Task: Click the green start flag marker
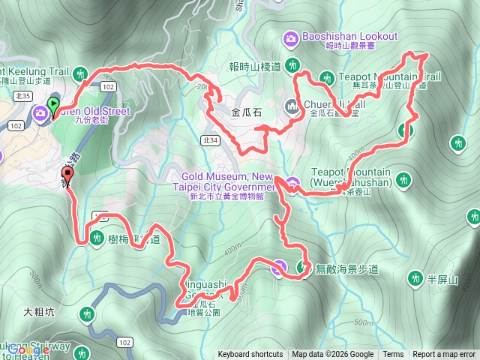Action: pyautogui.click(x=54, y=104)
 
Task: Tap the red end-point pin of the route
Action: pyautogui.click(x=68, y=176)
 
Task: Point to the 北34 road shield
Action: pyautogui.click(x=211, y=139)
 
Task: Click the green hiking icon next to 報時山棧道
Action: pyautogui.click(x=292, y=65)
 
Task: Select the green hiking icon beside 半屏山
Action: pyautogui.click(x=414, y=279)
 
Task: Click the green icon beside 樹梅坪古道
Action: pyautogui.click(x=97, y=238)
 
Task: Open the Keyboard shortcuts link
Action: pyautogui.click(x=250, y=355)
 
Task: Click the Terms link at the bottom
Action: pyautogui.click(x=393, y=355)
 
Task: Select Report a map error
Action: pyautogui.click(x=444, y=355)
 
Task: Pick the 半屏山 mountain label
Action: pyautogui.click(x=442, y=279)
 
